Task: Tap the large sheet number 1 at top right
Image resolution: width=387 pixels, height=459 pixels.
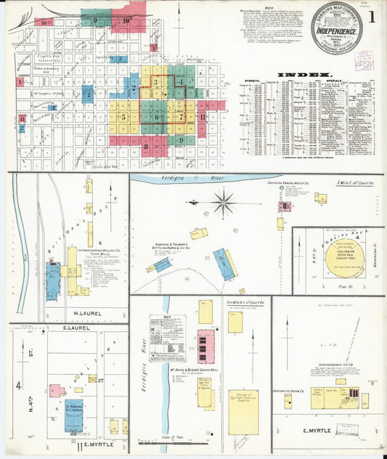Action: coord(372,16)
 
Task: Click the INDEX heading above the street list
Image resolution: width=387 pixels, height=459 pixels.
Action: coord(310,75)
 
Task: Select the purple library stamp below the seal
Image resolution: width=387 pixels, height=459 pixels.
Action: coord(364,60)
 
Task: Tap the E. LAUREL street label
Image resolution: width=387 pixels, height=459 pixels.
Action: coord(69,328)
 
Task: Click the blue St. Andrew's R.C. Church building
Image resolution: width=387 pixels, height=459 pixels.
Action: coord(73,415)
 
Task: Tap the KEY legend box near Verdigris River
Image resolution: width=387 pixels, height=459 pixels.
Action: coord(168,338)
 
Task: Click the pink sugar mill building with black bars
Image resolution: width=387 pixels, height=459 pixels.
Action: coord(206,346)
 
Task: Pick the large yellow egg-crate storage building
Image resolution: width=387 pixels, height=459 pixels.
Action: coord(243,412)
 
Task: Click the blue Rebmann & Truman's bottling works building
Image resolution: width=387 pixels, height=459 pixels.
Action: coord(224,264)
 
